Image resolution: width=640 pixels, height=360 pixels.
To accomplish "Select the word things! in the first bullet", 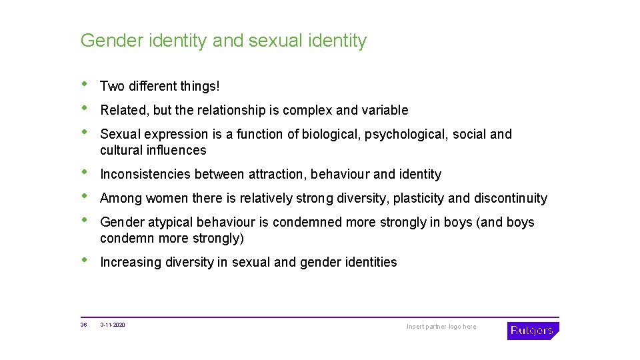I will point(199,86).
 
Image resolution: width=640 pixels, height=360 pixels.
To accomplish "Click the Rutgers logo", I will point(533,330).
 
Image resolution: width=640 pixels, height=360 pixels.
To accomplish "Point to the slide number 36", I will point(83,325).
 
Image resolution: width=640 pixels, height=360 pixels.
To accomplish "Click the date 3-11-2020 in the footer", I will point(113,325).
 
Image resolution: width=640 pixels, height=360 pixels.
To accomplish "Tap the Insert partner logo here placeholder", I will point(441,327).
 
